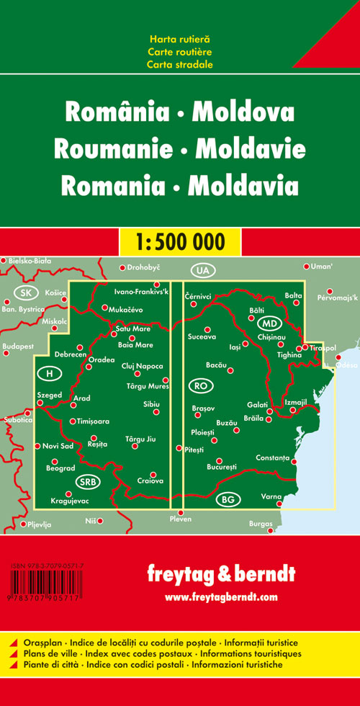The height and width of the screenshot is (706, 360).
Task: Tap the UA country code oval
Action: pos(202,270)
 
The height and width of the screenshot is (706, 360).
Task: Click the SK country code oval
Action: pos(27,292)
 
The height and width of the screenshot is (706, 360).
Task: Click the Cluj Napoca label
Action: pos(143,366)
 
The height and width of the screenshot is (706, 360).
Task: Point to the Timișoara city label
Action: pos(92,421)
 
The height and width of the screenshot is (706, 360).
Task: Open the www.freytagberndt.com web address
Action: pos(220,597)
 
